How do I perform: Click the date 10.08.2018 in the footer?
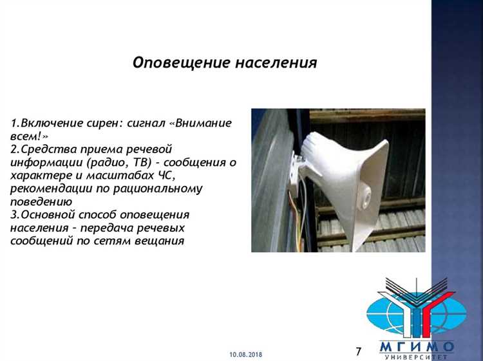(245, 355)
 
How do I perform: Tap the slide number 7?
(359, 351)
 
